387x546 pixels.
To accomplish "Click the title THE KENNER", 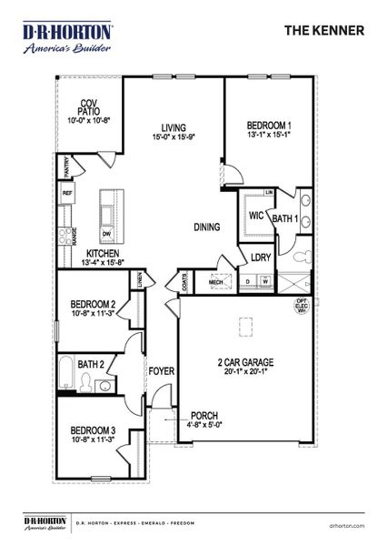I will coord(324,30).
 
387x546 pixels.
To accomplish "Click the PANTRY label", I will coord(66,167).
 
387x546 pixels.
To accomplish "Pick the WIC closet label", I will coord(256,216).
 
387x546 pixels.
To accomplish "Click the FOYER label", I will coord(161,371).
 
